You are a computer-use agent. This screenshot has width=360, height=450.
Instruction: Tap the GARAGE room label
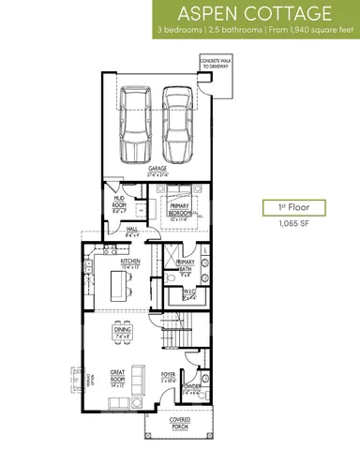[x=157, y=170]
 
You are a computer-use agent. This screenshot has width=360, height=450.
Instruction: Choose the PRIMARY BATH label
[x=186, y=264]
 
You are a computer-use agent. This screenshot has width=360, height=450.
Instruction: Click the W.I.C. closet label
[x=189, y=294]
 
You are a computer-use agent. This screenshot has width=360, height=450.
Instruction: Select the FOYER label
[x=169, y=379]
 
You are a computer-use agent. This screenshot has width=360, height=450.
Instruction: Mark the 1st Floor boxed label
[x=281, y=207]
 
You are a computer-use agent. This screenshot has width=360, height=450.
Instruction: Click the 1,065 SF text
[x=281, y=225]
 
